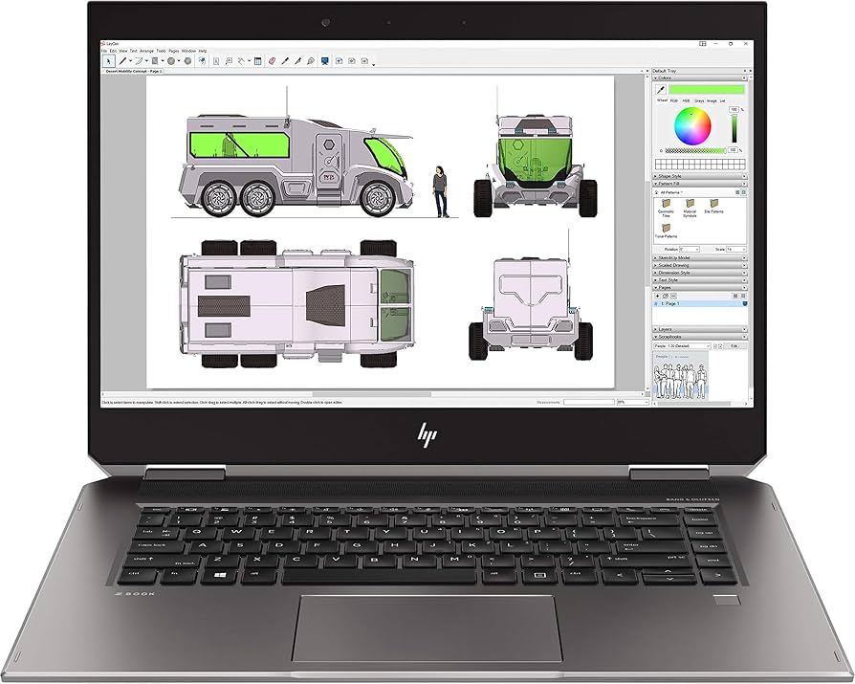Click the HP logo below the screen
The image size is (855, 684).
(426, 436)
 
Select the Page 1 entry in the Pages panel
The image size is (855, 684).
(674, 303)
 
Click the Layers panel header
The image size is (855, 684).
(698, 328)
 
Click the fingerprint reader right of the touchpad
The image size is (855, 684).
(728, 602)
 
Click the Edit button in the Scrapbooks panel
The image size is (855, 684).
(734, 345)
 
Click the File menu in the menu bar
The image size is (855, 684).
(104, 50)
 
